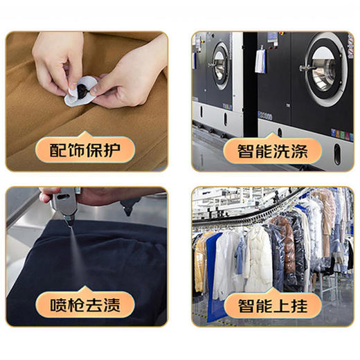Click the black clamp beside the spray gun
(x=129, y=205)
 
